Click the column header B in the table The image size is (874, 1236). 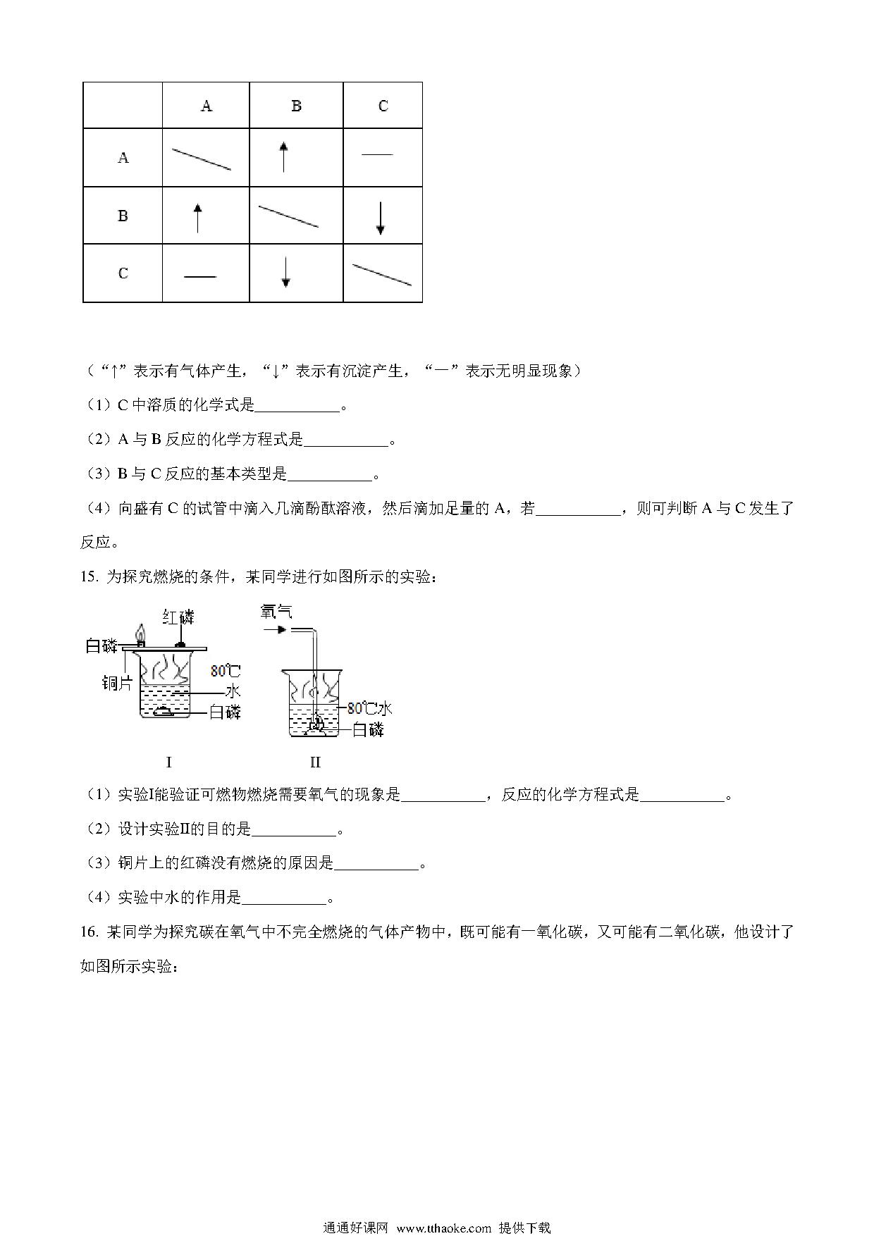pyautogui.click(x=296, y=106)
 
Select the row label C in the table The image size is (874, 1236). pyautogui.click(x=123, y=273)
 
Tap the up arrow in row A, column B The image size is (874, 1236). pyautogui.click(x=283, y=156)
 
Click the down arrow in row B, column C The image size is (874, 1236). pyautogui.click(x=381, y=218)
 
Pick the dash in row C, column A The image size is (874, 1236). pyautogui.click(x=199, y=277)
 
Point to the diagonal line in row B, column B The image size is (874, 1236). pyautogui.click(x=288, y=216)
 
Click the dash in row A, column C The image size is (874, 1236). pyautogui.click(x=377, y=154)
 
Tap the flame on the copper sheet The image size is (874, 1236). pyautogui.click(x=141, y=634)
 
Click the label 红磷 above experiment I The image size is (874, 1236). pyautogui.click(x=178, y=617)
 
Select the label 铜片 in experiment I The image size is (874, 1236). pyautogui.click(x=116, y=682)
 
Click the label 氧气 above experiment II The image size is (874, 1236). pyautogui.click(x=276, y=610)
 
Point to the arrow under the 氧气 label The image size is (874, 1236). pyautogui.click(x=276, y=629)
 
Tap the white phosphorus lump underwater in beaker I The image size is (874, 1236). pyautogui.click(x=166, y=711)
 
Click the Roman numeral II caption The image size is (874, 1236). pyautogui.click(x=314, y=762)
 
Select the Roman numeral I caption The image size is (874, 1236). pyautogui.click(x=168, y=762)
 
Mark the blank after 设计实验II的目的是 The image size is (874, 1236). pyautogui.click(x=294, y=830)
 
